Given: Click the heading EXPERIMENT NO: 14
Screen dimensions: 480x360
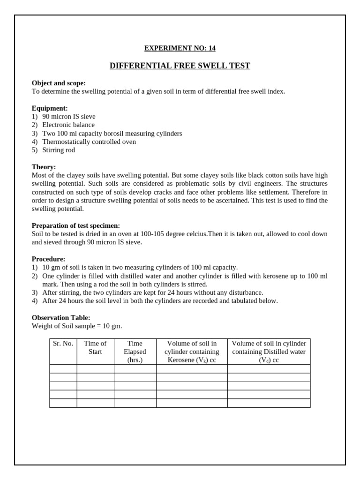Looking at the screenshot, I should click(x=180, y=48).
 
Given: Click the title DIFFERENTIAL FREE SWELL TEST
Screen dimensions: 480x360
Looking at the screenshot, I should click(x=180, y=66).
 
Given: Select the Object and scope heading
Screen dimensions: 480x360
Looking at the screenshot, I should click(x=59, y=83).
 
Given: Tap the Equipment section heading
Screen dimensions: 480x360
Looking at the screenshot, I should click(x=50, y=108).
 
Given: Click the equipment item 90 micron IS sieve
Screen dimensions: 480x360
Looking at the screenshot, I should click(x=68, y=117).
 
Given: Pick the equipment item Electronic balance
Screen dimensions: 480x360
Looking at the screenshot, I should click(x=68, y=125).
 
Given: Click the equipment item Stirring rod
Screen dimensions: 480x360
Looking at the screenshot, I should click(x=59, y=150).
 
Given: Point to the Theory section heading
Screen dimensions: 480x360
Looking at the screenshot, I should click(x=44, y=167).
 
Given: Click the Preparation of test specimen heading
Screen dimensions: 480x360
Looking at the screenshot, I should click(x=76, y=225).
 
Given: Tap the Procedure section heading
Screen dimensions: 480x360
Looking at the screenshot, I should click(x=48, y=259).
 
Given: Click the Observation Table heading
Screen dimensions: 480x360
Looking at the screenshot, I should click(x=61, y=318).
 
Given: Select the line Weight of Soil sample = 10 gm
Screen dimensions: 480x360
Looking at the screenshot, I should click(x=77, y=326).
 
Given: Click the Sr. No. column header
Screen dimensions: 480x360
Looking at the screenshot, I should click(x=63, y=344).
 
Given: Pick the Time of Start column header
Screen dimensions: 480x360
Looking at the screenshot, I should click(x=95, y=347).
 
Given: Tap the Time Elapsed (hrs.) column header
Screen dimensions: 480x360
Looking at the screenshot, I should click(x=135, y=352).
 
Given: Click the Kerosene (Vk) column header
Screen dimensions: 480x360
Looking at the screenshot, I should click(x=192, y=352).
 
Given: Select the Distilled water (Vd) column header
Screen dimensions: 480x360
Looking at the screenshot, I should click(x=269, y=352).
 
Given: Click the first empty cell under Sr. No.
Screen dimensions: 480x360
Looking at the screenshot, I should click(x=63, y=369).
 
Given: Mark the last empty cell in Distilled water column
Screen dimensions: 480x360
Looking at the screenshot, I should click(x=269, y=403).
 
